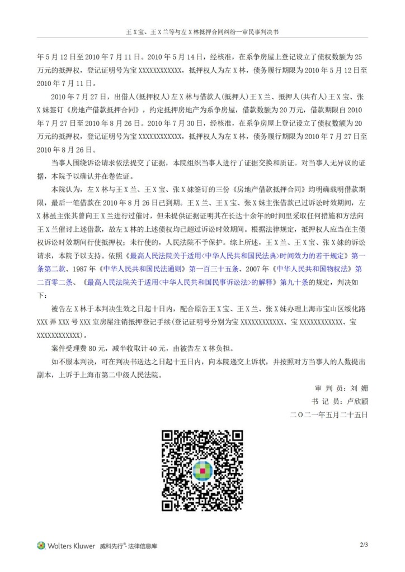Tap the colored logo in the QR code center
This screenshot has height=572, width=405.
(202, 470)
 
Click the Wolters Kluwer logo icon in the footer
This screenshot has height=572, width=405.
(41, 545)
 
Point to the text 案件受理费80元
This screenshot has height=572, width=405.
(81, 348)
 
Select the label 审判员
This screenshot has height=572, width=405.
(327, 387)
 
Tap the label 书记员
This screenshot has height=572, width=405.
(327, 401)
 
